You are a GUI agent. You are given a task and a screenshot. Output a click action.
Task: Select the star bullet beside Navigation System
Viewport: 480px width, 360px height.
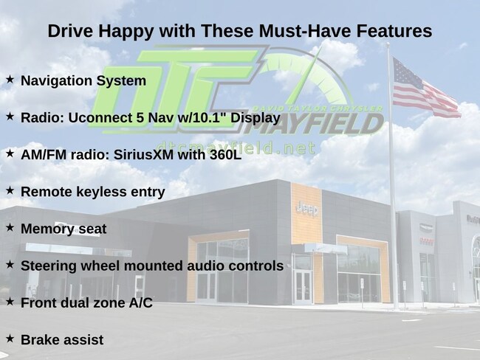pos(10,80)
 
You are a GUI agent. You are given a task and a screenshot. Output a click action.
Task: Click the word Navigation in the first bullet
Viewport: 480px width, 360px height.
pos(56,81)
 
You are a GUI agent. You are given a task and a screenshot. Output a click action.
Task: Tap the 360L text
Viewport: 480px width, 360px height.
pos(226,155)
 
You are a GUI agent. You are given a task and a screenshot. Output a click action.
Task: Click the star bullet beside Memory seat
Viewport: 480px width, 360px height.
pos(10,227)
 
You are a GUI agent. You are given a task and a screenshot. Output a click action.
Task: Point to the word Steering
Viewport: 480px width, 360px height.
pos(49,266)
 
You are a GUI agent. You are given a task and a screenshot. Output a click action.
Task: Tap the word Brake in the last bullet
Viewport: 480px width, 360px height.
pos(40,340)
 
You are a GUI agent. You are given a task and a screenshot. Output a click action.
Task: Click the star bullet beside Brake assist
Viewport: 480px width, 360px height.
pos(10,339)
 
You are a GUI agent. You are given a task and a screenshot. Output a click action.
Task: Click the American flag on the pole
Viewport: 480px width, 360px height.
pos(425,88)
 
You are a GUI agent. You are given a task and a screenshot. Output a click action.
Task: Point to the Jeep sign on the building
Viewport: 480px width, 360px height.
pos(307,210)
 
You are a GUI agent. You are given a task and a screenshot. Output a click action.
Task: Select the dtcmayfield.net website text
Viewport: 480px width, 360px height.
pos(236,148)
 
